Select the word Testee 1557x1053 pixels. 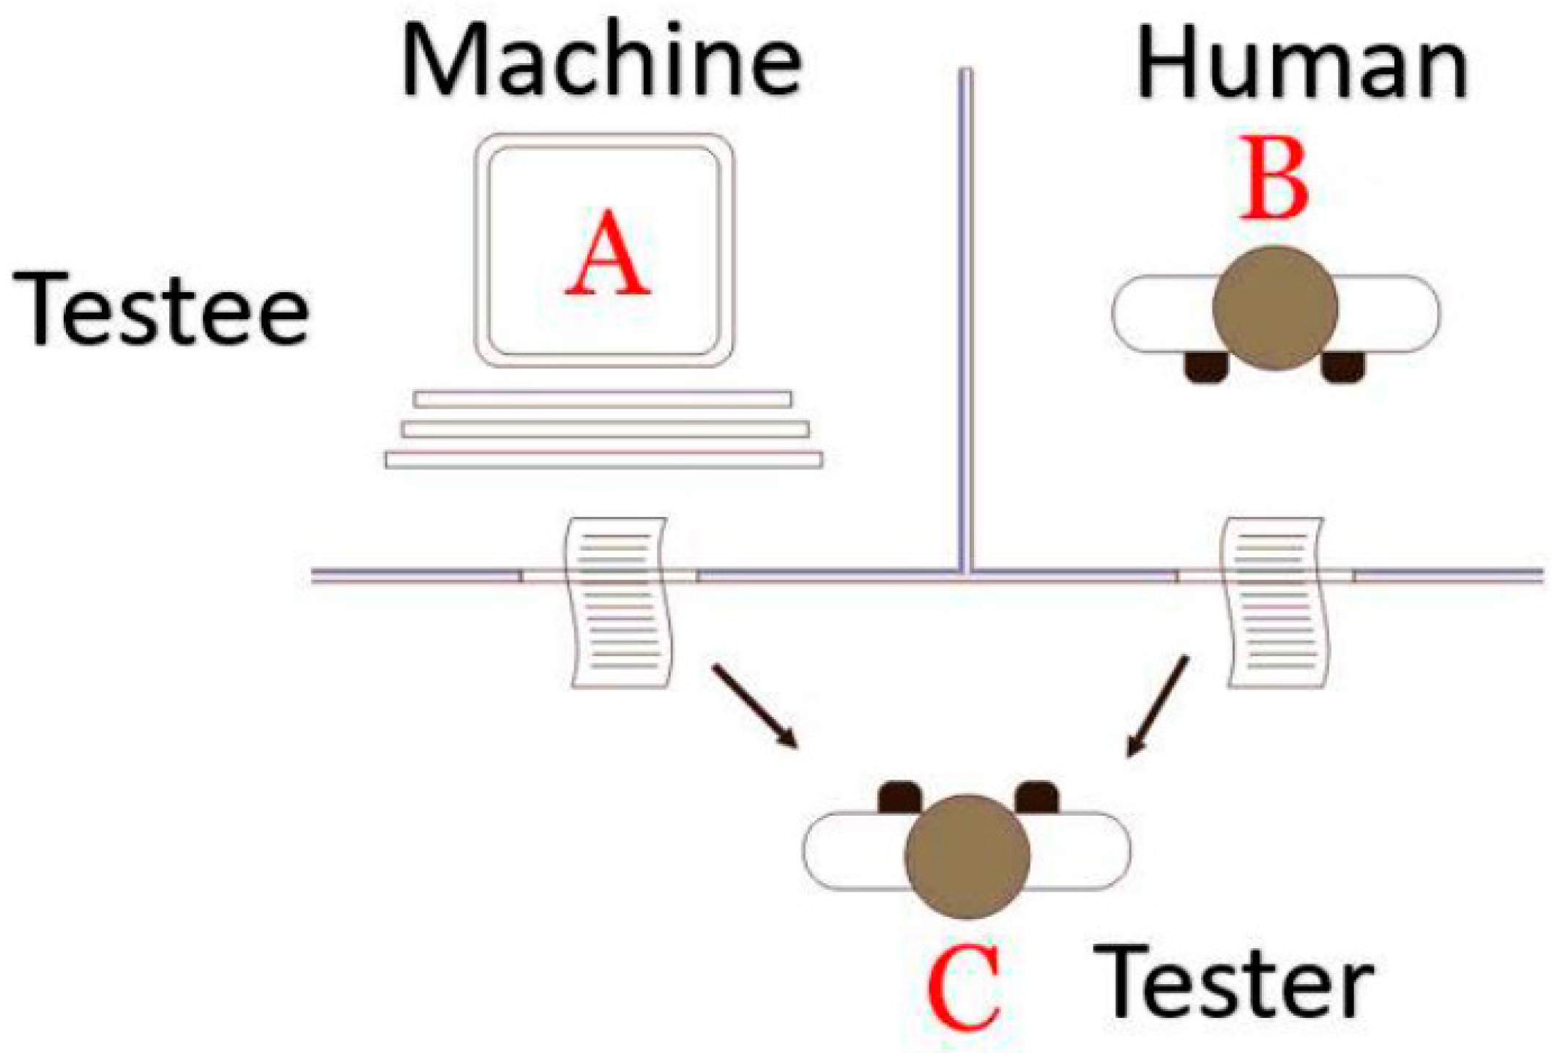[x=161, y=308]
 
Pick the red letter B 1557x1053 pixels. [x=1275, y=179]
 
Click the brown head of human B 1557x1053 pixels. [x=1275, y=308]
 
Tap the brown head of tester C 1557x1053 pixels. [x=967, y=856]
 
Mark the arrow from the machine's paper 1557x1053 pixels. [x=755, y=707]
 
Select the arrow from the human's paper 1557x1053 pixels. [x=1158, y=706]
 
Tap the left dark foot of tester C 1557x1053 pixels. [x=900, y=797]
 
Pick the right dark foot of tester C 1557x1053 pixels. [x=1037, y=797]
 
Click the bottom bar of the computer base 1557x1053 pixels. [x=603, y=460]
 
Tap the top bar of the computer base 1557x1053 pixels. [x=602, y=399]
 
